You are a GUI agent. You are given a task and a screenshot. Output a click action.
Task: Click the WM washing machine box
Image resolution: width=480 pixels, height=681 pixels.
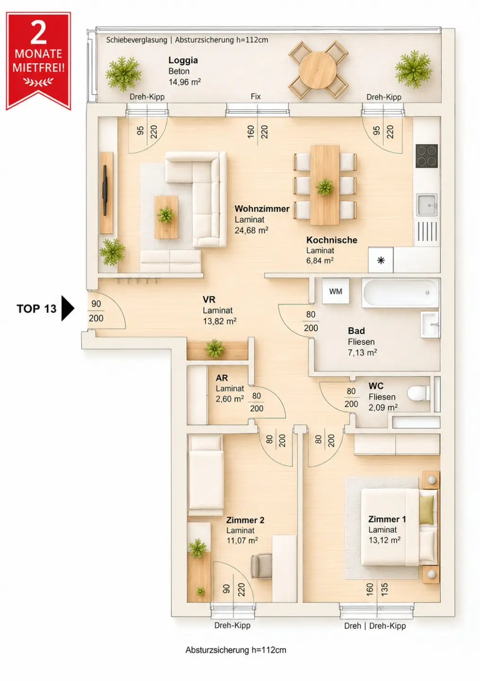[x=336, y=291]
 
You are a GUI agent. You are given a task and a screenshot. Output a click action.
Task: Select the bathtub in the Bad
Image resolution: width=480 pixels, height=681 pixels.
[x=400, y=292]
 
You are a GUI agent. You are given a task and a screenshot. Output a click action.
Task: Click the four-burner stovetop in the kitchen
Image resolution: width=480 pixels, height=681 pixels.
[x=427, y=156]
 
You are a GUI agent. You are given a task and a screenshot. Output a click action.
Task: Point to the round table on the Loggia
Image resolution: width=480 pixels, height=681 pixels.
[x=318, y=70]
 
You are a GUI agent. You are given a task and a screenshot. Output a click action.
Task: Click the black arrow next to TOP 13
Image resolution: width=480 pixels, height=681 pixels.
[x=68, y=308]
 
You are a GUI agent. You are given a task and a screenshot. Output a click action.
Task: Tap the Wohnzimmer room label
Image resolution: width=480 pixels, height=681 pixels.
[x=262, y=209]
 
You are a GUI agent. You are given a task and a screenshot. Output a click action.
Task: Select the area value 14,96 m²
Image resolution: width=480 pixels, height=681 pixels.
[x=185, y=82]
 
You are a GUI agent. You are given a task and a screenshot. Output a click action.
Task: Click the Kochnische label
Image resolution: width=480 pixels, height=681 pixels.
[x=332, y=240]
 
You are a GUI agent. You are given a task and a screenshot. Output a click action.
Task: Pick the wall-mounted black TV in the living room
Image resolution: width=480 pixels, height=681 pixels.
[x=105, y=190]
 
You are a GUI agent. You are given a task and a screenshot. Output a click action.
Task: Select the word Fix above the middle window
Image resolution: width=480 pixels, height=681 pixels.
[x=256, y=96]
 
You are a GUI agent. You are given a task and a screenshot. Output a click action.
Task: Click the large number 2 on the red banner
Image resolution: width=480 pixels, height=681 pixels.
[x=39, y=33]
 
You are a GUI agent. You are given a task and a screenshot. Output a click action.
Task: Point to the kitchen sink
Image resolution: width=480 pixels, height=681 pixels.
[x=427, y=205]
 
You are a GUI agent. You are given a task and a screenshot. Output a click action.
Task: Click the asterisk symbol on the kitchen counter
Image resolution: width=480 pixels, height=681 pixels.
[x=381, y=260]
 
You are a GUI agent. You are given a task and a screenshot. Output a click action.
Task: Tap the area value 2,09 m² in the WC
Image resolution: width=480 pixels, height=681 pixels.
[x=383, y=407]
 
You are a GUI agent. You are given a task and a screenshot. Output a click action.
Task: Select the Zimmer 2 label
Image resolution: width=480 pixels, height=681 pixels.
[x=245, y=520]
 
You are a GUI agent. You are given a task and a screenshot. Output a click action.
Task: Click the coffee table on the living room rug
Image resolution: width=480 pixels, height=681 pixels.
[x=166, y=217]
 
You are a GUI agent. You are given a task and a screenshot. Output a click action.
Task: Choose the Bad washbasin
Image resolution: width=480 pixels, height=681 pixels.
[x=430, y=324]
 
